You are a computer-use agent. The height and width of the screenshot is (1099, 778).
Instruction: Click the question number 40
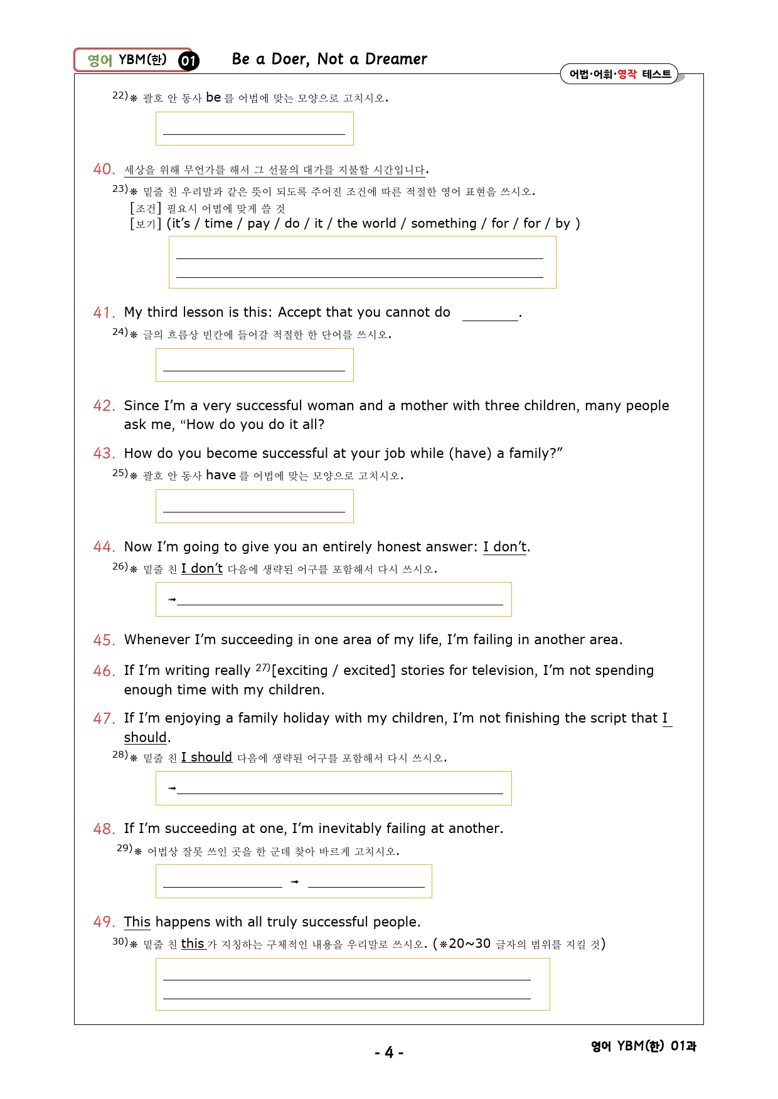point(104,169)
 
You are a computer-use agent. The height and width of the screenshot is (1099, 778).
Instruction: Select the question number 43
point(104,454)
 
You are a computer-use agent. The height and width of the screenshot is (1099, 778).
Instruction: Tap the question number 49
point(104,922)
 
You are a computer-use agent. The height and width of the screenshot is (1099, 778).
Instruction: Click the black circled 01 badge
point(188,60)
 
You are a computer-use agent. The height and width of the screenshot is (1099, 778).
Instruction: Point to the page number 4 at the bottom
point(389,1053)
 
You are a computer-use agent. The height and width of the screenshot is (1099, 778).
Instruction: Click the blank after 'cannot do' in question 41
point(490,314)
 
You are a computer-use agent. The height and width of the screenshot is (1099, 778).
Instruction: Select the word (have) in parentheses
point(471,454)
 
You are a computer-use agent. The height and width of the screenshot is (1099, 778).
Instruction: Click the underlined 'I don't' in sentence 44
point(505,547)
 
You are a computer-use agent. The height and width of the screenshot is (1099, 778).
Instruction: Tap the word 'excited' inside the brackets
point(368,671)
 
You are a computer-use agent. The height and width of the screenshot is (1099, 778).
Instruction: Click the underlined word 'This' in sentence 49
point(137,922)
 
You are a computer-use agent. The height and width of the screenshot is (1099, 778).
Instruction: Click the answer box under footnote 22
point(254,129)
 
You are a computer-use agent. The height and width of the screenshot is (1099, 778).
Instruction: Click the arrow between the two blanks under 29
point(295,882)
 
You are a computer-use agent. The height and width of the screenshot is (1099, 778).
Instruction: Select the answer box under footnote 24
point(254,365)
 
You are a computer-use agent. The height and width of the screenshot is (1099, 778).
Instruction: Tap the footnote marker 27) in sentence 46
point(262,668)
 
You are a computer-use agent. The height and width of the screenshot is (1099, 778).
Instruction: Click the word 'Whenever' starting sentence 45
point(157,640)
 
